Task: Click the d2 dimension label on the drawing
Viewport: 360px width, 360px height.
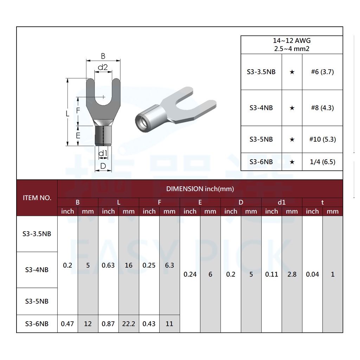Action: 103,67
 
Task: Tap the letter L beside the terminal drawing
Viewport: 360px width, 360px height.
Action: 67,114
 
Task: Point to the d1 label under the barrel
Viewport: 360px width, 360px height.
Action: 103,153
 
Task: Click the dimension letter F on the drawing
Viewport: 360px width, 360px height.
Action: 78,111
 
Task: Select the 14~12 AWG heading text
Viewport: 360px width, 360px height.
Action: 291,41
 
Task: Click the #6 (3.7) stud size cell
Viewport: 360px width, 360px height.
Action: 322,72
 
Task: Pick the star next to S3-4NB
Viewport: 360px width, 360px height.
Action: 292,108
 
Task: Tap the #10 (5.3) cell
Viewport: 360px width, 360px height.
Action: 322,139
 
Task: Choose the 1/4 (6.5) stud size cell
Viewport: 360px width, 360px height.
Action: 322,162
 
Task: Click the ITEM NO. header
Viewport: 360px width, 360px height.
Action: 37,198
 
